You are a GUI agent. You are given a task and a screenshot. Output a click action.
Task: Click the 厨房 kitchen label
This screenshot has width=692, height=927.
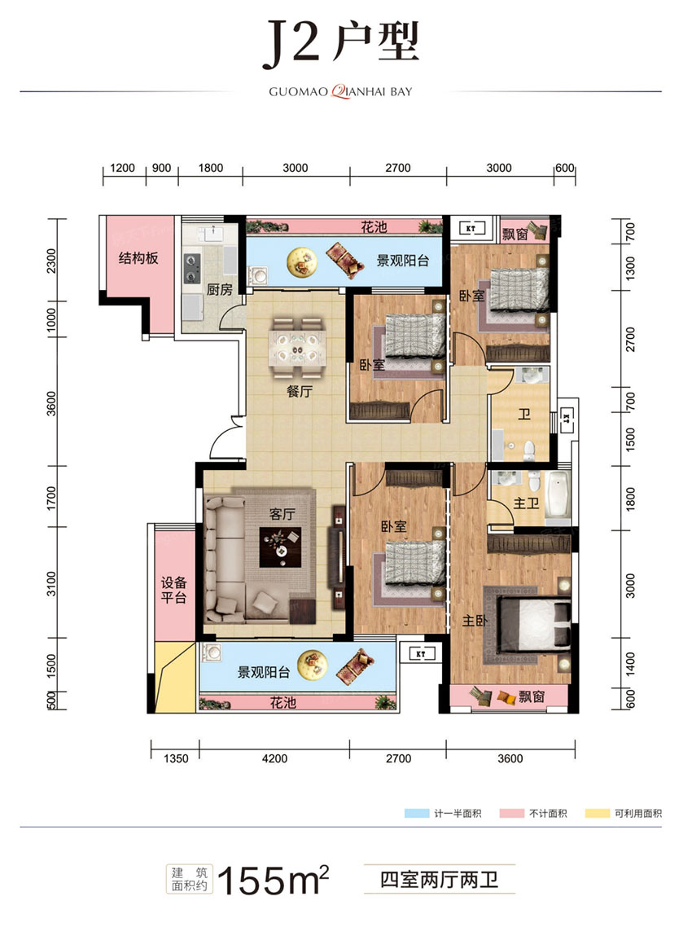pos(219,289)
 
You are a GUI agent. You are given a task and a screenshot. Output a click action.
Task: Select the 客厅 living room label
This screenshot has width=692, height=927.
pos(282,514)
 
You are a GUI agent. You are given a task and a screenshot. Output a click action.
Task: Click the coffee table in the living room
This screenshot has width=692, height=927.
pos(280,547)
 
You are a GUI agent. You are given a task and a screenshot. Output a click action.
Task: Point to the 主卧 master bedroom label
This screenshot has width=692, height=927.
pos(475,621)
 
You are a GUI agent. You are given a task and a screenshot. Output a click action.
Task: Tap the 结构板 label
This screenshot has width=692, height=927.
pos(138,258)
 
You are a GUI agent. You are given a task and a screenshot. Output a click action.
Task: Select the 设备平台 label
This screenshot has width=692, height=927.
pos(173,590)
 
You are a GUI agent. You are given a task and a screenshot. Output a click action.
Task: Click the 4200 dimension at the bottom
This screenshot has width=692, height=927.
pos(275,758)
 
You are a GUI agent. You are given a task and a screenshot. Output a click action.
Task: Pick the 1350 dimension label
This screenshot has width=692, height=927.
pos(176,758)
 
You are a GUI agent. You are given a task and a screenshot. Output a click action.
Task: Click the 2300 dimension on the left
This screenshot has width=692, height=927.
pos(51,261)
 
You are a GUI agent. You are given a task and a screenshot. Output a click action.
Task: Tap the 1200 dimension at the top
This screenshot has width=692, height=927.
pos(122,168)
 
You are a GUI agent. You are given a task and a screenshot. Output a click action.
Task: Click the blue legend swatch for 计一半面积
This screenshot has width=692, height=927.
pos(417,814)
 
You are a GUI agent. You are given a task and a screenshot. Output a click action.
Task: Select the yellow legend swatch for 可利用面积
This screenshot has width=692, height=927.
pos(598,814)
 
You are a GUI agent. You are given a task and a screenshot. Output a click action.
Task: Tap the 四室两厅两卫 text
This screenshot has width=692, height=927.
pos(439,880)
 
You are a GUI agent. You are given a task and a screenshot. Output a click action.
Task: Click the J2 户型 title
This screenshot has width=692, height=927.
pos(341,43)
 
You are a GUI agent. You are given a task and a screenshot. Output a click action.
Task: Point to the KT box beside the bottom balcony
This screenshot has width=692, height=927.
pos(421,654)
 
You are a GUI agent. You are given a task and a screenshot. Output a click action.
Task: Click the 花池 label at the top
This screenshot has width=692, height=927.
pos(374,226)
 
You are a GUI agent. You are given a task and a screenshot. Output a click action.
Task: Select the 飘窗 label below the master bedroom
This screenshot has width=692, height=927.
pos(532,697)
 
